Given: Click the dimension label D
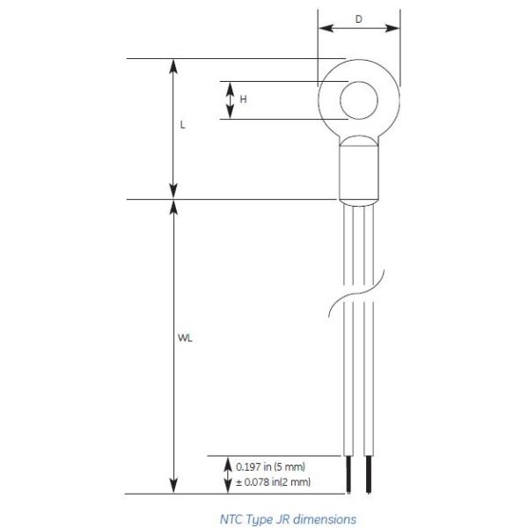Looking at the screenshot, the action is (359, 19).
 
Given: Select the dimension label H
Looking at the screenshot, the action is (243, 99).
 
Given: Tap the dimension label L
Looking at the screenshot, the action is (182, 125).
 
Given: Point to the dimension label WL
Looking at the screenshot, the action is (185, 338).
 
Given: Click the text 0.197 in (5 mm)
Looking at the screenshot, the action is (270, 466).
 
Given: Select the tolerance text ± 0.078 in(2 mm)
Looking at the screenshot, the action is (273, 482).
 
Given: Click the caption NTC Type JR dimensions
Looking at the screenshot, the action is (289, 519).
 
